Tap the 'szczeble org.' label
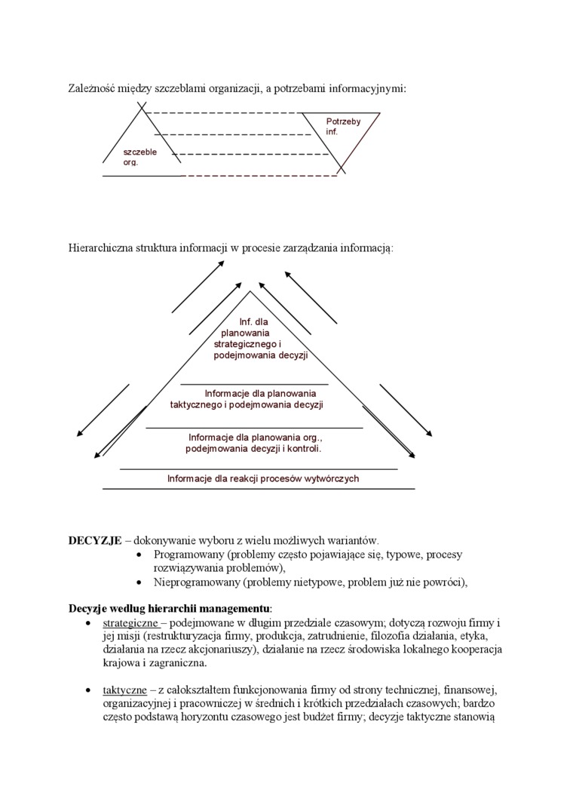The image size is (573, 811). pyautogui.click(x=139, y=157)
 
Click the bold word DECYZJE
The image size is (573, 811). pyautogui.click(x=95, y=540)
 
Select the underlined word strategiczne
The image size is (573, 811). pyautogui.click(x=130, y=623)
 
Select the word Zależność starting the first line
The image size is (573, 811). pyautogui.click(x=94, y=88)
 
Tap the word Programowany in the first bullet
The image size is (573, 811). pyautogui.click(x=186, y=554)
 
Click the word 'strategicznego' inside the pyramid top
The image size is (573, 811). pyautogui.click(x=246, y=344)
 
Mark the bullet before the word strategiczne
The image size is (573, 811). pyautogui.click(x=89, y=624)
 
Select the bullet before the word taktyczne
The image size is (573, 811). pyautogui.click(x=89, y=690)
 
